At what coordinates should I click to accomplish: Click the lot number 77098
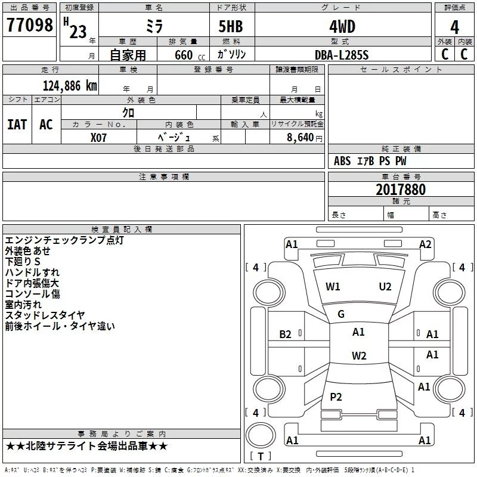click(x=29, y=26)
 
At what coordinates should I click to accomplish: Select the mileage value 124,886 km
click(x=70, y=85)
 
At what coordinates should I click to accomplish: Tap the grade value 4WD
click(x=342, y=27)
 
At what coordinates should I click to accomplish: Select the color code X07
click(x=99, y=137)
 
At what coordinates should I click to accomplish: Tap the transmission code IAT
click(x=17, y=124)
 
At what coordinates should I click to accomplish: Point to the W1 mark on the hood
click(x=333, y=287)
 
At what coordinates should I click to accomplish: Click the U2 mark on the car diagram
click(x=385, y=287)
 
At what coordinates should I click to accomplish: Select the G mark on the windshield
click(x=341, y=314)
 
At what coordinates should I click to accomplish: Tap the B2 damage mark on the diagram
click(x=286, y=334)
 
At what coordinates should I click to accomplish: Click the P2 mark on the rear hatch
click(x=336, y=397)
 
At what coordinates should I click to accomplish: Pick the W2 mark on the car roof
click(x=359, y=356)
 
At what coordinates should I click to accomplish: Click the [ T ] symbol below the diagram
click(x=260, y=456)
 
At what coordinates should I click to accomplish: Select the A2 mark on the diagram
click(x=425, y=244)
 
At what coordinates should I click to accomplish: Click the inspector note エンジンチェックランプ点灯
click(x=64, y=240)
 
